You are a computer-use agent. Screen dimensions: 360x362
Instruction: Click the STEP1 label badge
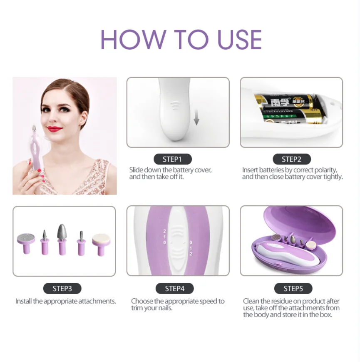coord(173,159)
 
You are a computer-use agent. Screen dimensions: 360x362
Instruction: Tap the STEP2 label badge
coord(292,159)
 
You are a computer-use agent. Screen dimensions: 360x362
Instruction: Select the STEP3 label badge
coord(62,288)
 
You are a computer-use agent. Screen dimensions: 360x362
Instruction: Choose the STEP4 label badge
coord(174,288)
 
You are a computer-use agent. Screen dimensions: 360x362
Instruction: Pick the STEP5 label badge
coord(293,288)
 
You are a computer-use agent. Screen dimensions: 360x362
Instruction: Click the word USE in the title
coord(240,40)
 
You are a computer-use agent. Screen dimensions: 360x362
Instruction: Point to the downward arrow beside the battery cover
coord(196,117)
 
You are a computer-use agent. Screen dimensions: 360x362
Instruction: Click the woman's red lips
coord(55,129)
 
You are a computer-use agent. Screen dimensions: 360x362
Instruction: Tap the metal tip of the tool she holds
coord(34,128)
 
